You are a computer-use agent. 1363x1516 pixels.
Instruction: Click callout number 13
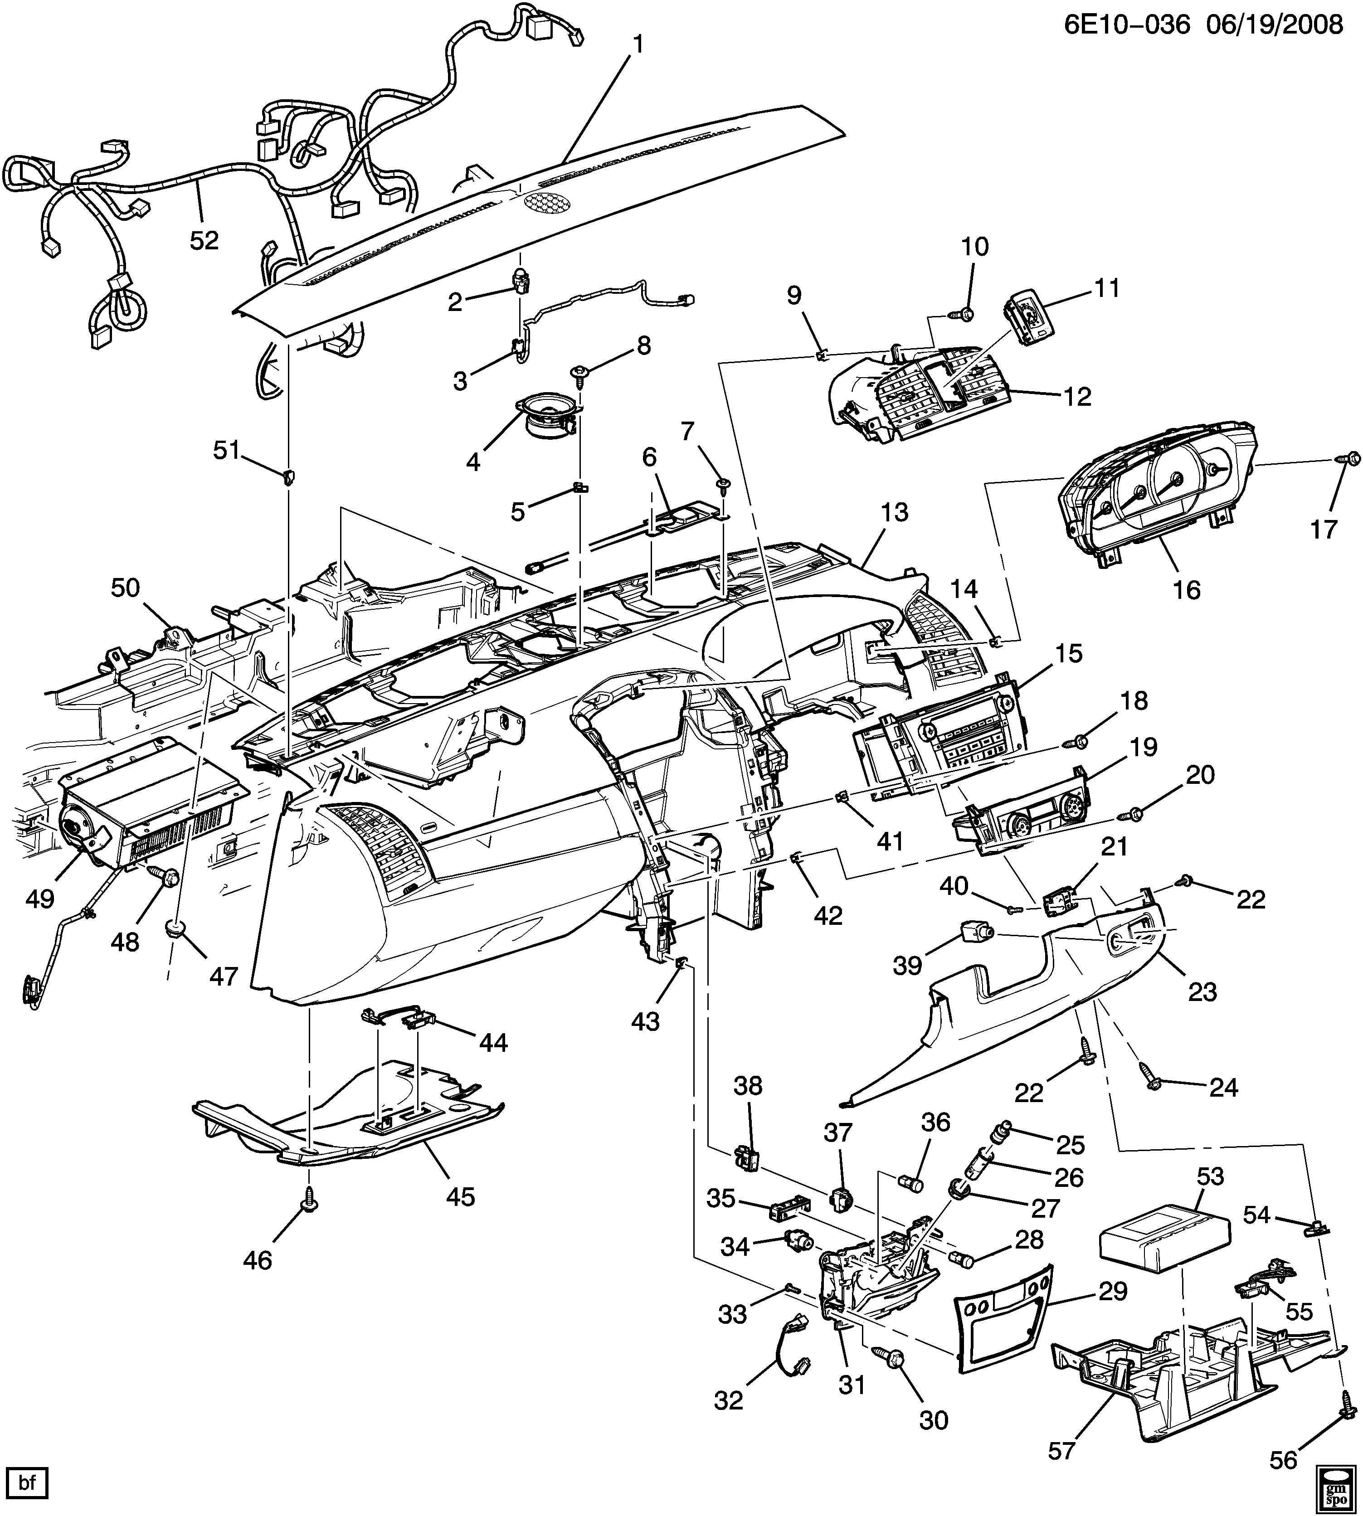point(894,512)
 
